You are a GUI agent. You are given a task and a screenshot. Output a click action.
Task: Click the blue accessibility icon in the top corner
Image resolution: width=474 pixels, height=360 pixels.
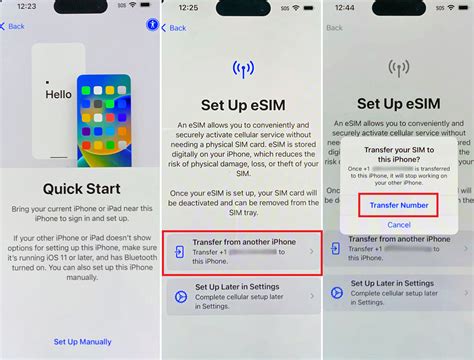tap(151, 24)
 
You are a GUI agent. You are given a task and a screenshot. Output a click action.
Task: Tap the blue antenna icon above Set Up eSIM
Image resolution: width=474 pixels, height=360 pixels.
tap(241, 71)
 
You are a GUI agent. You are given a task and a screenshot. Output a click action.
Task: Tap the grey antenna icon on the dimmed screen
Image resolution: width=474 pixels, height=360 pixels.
tap(398, 71)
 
